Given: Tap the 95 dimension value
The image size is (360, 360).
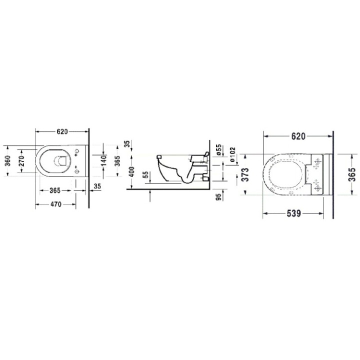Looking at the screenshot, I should (219, 196).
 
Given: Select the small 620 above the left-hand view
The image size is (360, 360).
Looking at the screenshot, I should (62, 132).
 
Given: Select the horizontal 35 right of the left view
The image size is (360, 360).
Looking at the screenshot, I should (97, 186).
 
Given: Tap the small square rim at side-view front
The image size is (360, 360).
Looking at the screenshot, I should (159, 156).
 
